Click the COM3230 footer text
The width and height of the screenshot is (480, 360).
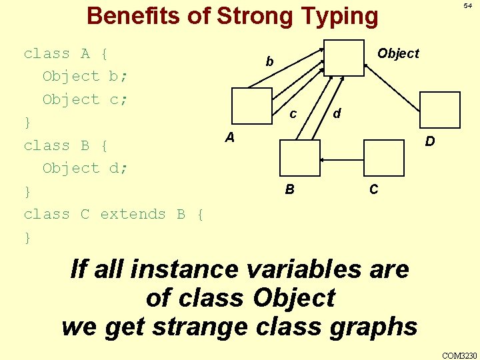click(459, 355)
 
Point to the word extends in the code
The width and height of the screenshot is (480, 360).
click(133, 214)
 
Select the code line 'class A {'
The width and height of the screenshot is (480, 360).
click(66, 53)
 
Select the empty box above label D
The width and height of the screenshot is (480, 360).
click(440, 109)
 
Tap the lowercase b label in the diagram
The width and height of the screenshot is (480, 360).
click(269, 62)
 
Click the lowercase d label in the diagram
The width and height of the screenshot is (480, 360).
click(337, 114)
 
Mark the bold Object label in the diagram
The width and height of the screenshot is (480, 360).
click(398, 53)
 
